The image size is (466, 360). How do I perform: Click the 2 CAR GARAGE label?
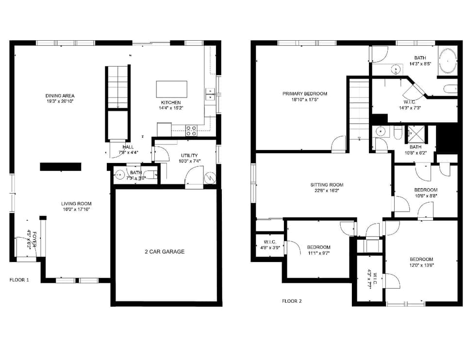pyautogui.click(x=165, y=252)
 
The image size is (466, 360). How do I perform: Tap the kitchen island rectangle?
pyautogui.click(x=171, y=90)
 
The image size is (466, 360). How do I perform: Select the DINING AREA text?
pyautogui.click(x=60, y=96)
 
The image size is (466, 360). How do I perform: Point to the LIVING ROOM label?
pyautogui.click(x=76, y=204)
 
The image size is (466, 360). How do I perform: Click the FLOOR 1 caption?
pyautogui.click(x=19, y=280)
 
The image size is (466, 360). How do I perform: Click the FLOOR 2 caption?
pyautogui.click(x=292, y=301)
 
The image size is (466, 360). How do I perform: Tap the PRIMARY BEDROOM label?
pyautogui.click(x=305, y=94)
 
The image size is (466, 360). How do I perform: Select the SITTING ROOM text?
pyautogui.click(x=327, y=185)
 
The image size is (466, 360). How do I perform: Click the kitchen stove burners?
pyautogui.click(x=191, y=130)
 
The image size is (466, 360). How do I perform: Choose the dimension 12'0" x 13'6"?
pyautogui.click(x=421, y=265)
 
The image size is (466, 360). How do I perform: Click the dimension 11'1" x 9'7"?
pyautogui.click(x=318, y=253)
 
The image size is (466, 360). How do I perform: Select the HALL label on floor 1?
pyautogui.click(x=128, y=147)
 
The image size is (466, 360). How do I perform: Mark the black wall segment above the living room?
pyautogui.click(x=60, y=167)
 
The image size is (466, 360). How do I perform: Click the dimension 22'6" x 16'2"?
pyautogui.click(x=327, y=191)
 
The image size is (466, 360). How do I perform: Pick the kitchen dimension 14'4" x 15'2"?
pyautogui.click(x=171, y=109)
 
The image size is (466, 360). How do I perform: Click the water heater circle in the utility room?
pyautogui.click(x=210, y=179)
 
